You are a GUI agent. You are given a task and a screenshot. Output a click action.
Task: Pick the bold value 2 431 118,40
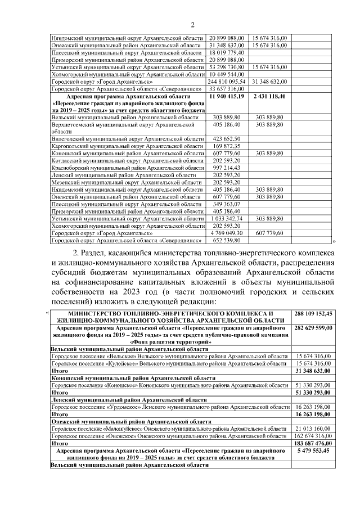point(269,97)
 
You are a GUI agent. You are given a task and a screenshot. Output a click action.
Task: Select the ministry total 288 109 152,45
point(313,313)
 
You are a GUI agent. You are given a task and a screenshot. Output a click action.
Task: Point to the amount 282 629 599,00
point(313,328)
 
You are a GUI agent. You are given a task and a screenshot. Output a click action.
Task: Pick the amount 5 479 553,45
point(313,451)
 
